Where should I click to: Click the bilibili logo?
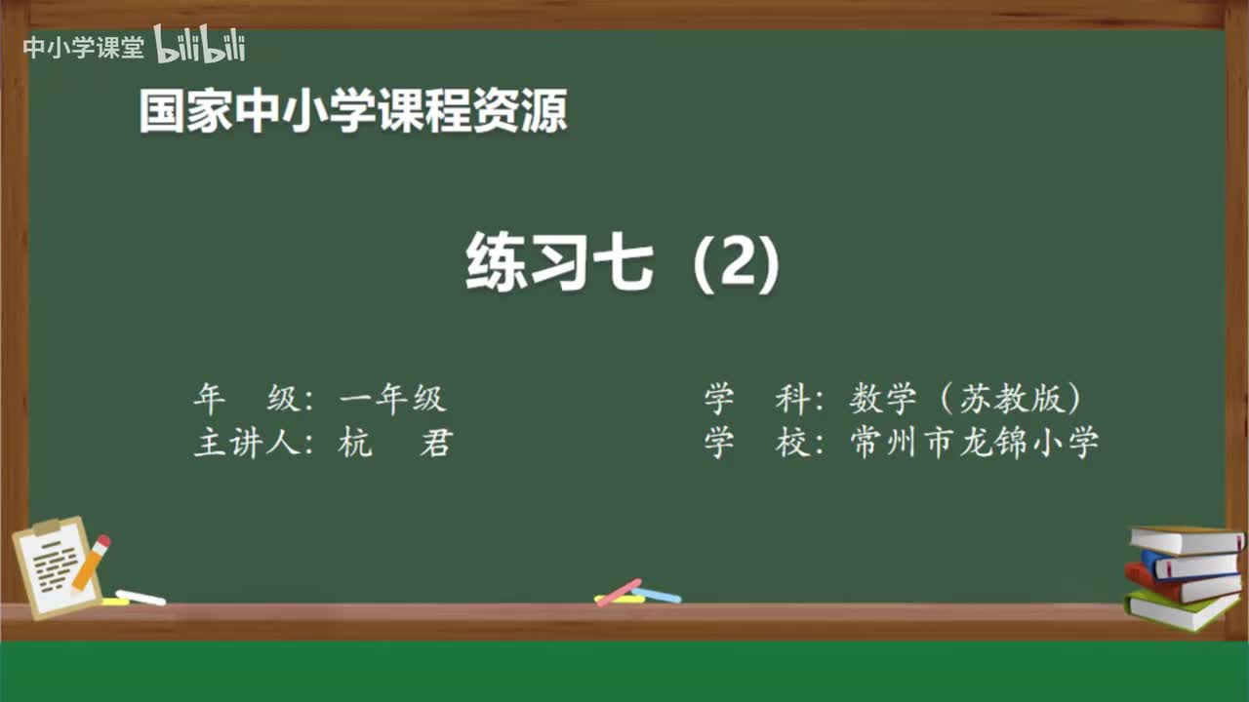point(200,46)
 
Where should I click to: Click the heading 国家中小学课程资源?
point(353,111)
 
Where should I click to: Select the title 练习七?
point(559,262)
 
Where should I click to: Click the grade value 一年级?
point(392,399)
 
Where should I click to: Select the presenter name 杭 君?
point(394,444)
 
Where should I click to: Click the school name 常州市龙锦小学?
point(975,444)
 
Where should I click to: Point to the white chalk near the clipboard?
point(141,597)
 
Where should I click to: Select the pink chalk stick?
point(619,591)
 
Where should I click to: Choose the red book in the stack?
point(1181,585)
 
